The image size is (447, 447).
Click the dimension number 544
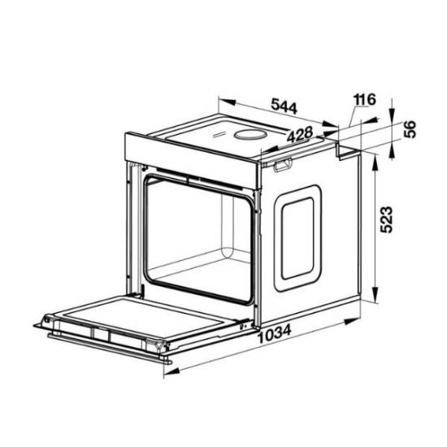pyautogui.click(x=284, y=106)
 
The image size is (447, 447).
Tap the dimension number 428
pyautogui.click(x=300, y=134)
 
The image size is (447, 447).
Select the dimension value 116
pyautogui.click(x=365, y=99)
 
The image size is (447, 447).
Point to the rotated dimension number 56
pyautogui.click(x=410, y=129)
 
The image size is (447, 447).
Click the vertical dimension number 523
pyautogui.click(x=387, y=219)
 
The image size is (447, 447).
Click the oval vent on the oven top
pyautogui.click(x=250, y=134)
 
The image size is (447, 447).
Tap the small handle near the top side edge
pyautogui.click(x=282, y=164)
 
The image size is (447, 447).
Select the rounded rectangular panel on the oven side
pyautogui.click(x=297, y=238)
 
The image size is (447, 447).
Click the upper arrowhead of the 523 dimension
pyautogui.click(x=375, y=164)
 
